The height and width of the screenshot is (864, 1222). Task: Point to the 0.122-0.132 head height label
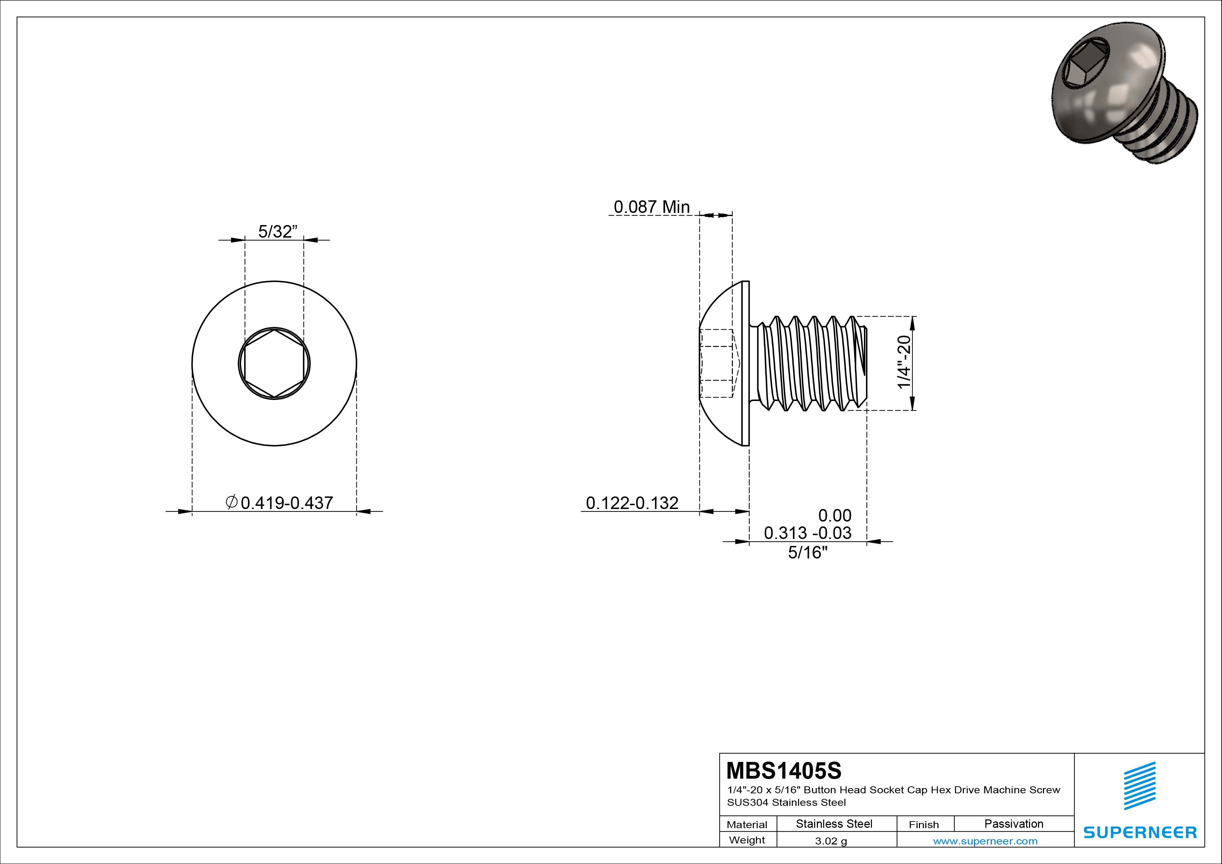(632, 502)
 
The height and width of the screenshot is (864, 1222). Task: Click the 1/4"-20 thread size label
(904, 362)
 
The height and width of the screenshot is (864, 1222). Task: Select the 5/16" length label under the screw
(807, 553)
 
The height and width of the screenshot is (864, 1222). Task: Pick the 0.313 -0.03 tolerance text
(807, 533)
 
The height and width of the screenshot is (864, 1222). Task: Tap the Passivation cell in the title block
(1013, 824)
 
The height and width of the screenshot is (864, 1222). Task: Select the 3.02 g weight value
(831, 841)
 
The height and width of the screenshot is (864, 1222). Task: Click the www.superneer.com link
(985, 841)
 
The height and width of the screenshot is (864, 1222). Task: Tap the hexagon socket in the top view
(274, 364)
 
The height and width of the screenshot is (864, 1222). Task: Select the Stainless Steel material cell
(834, 824)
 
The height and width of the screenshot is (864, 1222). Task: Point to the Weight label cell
(747, 840)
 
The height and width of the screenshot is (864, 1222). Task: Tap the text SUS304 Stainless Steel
(786, 802)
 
